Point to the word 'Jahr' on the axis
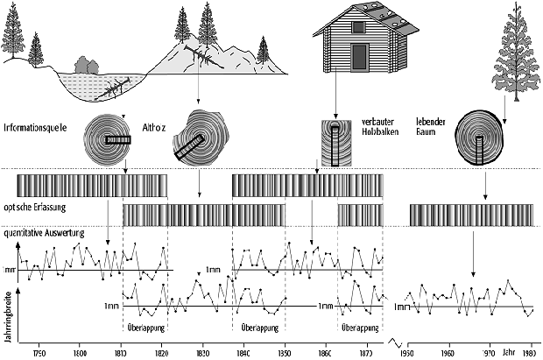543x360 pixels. click(510, 351)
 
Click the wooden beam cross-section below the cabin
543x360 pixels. click(335, 142)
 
